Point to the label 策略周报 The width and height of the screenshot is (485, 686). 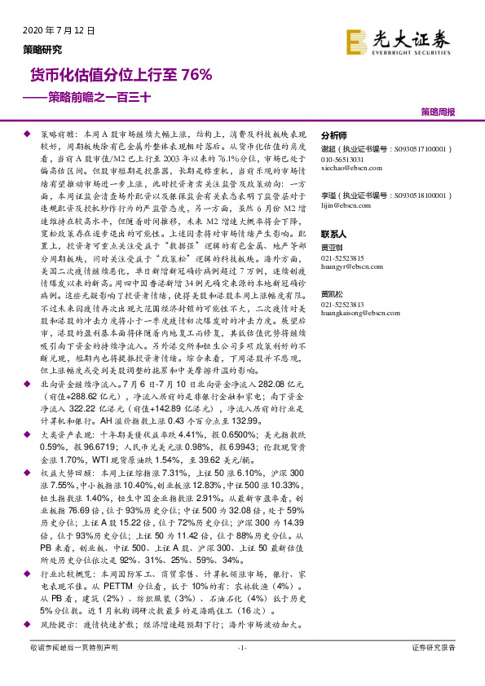coord(438,112)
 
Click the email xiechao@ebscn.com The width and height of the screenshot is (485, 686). coord(351,165)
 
